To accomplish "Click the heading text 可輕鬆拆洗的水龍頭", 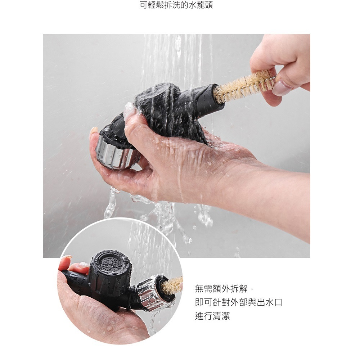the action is click(176, 5).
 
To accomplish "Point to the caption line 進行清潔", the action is click(212, 316).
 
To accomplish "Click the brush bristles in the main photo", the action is click(243, 86).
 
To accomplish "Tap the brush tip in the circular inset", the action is click(172, 285).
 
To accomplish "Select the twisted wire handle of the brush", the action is click(273, 79).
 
